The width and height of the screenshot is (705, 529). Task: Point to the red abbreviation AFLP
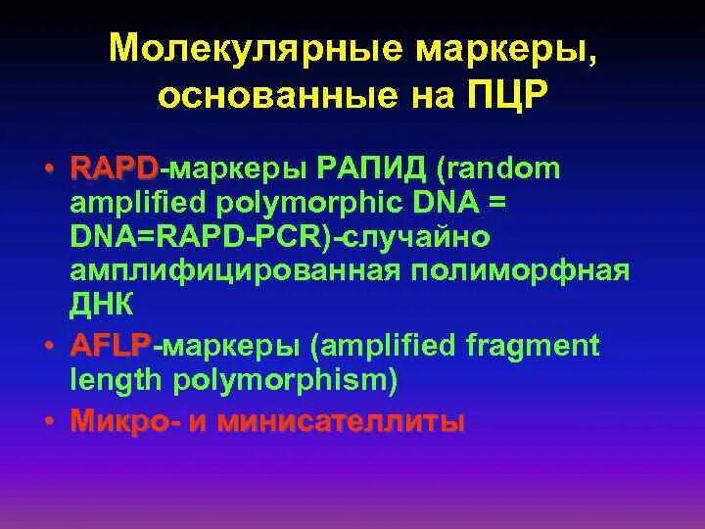pos(110,345)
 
